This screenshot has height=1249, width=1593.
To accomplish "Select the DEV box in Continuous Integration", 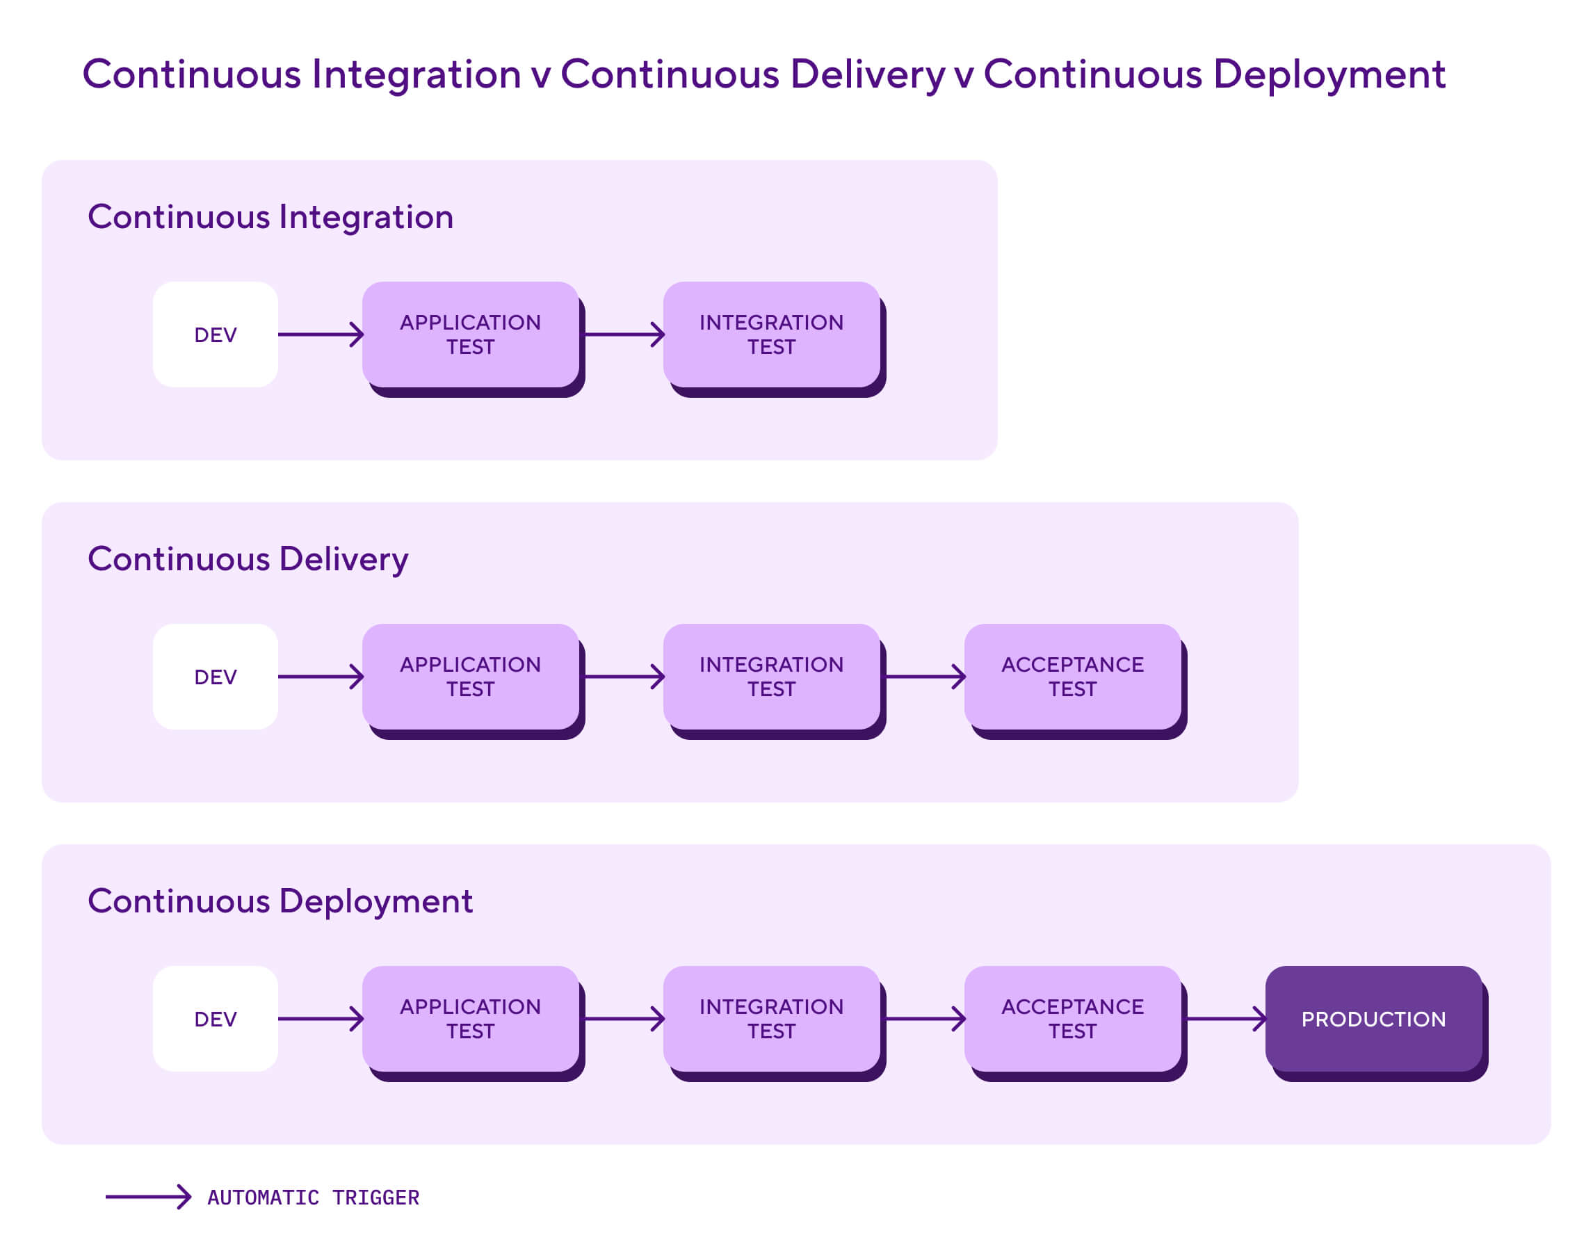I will [x=215, y=335].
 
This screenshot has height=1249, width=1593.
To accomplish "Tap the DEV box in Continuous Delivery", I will [x=215, y=677].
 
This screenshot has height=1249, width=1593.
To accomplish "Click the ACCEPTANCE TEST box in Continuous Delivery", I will [x=1072, y=677].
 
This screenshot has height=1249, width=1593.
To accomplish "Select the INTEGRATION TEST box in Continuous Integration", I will [x=770, y=335].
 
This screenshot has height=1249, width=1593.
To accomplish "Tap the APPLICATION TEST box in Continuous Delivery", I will [x=470, y=677].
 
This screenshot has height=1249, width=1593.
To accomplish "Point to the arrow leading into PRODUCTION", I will [x=1224, y=1018].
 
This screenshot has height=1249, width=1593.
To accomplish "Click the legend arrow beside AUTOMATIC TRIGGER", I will [x=147, y=1196].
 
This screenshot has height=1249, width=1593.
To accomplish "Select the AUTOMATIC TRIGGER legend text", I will [x=313, y=1197].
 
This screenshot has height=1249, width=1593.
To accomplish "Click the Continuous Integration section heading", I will [x=270, y=217].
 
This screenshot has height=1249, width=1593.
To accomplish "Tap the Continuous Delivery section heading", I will [x=248, y=559].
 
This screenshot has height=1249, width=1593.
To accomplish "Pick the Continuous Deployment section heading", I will [x=280, y=901].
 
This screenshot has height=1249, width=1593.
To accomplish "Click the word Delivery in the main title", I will [x=867, y=74].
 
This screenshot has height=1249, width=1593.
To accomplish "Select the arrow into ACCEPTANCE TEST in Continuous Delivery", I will [x=924, y=677].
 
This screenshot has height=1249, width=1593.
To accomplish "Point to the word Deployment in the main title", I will [x=1327, y=74].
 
